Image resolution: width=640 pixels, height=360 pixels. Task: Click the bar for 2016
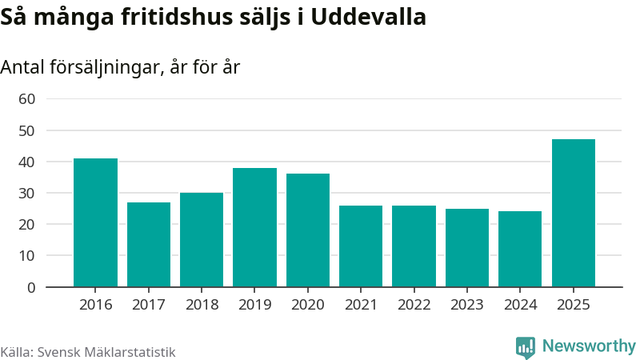pyautogui.click(x=95, y=222)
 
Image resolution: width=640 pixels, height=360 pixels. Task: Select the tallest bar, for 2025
pyautogui.click(x=574, y=213)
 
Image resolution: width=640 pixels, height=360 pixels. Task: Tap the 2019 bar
pyautogui.click(x=254, y=227)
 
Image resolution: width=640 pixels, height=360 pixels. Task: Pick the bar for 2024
pyautogui.click(x=520, y=249)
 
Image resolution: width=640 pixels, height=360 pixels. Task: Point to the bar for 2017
pyautogui.click(x=149, y=245)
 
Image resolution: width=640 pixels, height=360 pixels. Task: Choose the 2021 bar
pyautogui.click(x=361, y=246)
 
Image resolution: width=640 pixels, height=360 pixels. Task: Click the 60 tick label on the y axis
pyautogui.click(x=27, y=99)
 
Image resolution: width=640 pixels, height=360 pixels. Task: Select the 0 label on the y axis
pyautogui.click(x=31, y=288)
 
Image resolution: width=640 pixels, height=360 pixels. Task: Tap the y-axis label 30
pyautogui.click(x=27, y=194)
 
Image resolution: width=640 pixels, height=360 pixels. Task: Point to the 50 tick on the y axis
pyautogui.click(x=27, y=131)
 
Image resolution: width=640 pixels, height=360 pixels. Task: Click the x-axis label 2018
pyautogui.click(x=202, y=305)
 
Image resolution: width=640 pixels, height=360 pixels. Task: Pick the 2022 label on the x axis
pyautogui.click(x=414, y=305)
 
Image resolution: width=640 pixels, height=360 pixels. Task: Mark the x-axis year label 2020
pyautogui.click(x=308, y=305)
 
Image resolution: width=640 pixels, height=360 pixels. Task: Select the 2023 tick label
pyautogui.click(x=467, y=305)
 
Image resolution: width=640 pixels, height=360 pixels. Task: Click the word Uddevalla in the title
pyautogui.click(x=369, y=17)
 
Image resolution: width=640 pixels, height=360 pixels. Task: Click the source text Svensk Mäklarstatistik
pyautogui.click(x=106, y=352)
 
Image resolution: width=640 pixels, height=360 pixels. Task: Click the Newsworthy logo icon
pyautogui.click(x=526, y=347)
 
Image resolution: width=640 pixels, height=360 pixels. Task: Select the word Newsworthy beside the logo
pyautogui.click(x=589, y=346)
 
